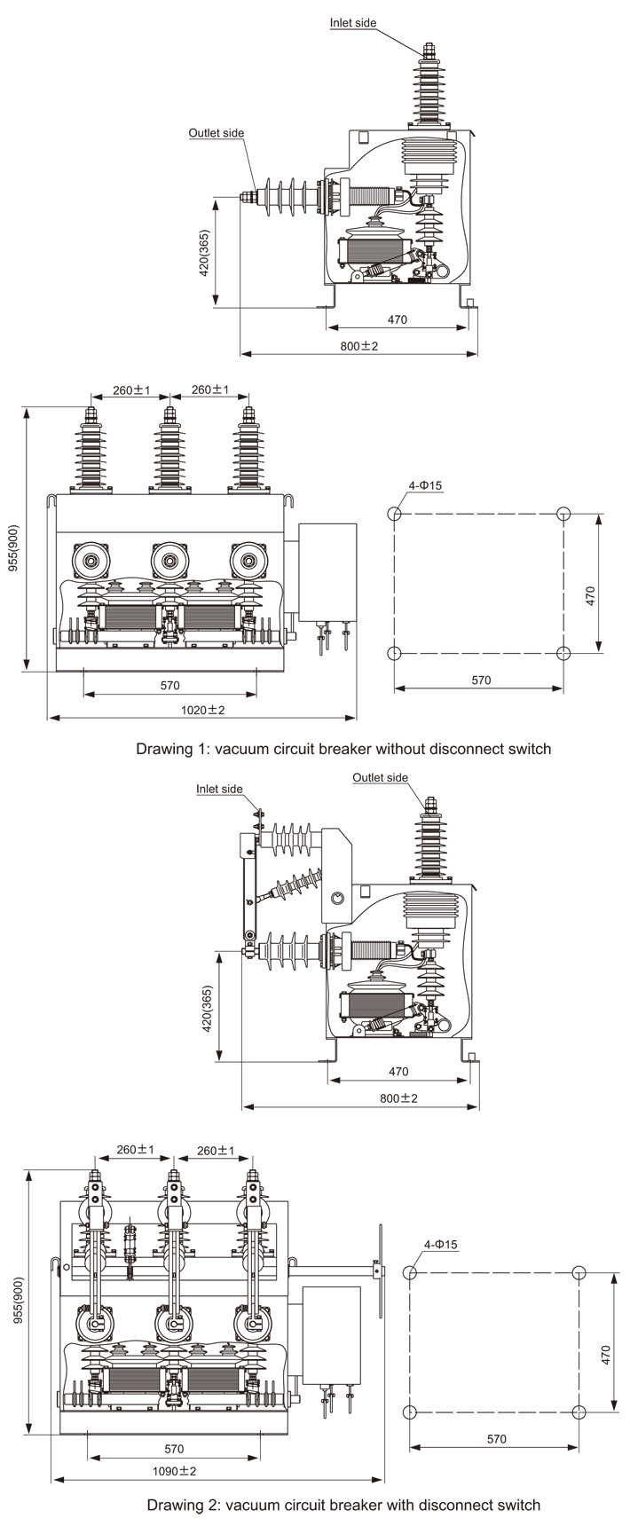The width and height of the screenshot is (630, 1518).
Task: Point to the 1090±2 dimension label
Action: [x=174, y=1470]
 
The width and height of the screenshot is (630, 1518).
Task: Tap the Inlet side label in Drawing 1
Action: [x=353, y=23]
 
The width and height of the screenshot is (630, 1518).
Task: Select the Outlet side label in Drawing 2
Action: [x=380, y=777]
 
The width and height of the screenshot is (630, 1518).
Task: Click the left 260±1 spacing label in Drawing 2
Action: [x=136, y=1150]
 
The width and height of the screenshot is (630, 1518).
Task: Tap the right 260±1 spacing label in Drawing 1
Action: [x=210, y=389]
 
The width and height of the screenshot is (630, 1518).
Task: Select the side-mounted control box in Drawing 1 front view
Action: [x=327, y=573]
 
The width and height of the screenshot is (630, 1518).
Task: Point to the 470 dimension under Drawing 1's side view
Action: [x=398, y=319]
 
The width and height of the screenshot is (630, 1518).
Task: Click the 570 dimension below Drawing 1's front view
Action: [x=169, y=684]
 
